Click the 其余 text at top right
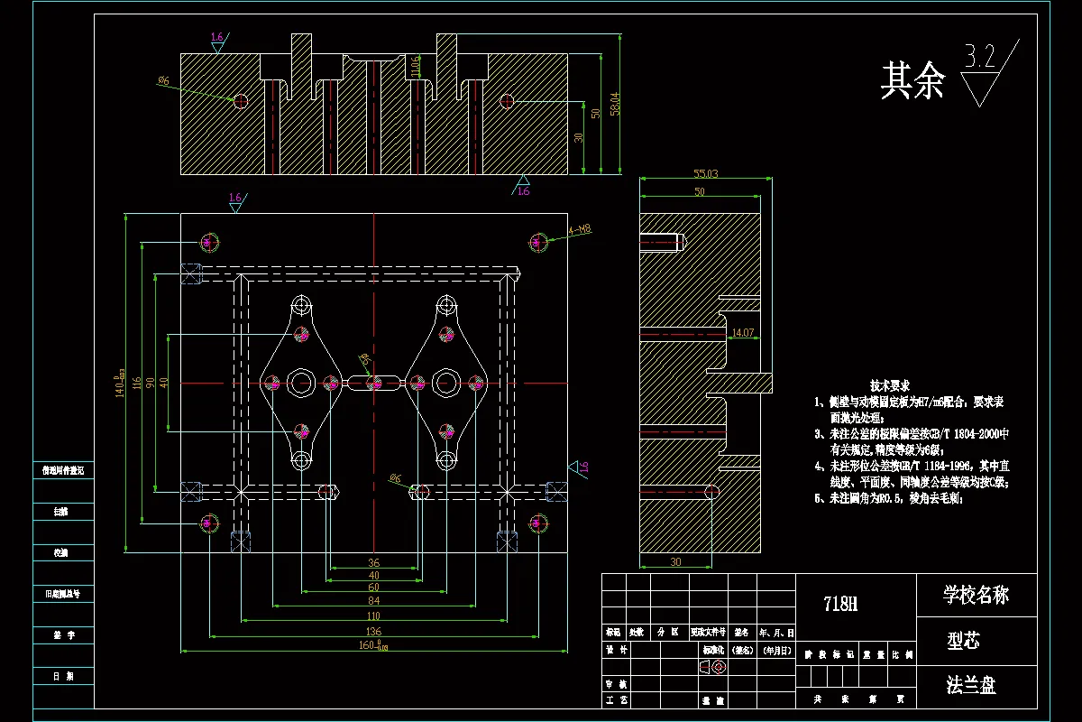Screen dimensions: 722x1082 pyautogui.click(x=912, y=81)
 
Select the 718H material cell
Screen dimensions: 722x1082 pyautogui.click(x=841, y=604)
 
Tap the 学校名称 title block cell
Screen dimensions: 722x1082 pyautogui.click(x=976, y=595)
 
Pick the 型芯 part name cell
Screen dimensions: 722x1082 pyautogui.click(x=963, y=641)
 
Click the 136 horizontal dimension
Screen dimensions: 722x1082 pyautogui.click(x=373, y=631)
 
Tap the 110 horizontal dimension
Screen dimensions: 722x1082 pyautogui.click(x=373, y=616)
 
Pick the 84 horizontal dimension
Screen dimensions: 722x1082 pyautogui.click(x=373, y=601)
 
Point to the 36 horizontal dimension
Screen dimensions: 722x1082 pyautogui.click(x=373, y=562)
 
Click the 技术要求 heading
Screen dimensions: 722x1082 pyautogui.click(x=889, y=385)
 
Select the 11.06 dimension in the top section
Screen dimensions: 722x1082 pyautogui.click(x=415, y=65)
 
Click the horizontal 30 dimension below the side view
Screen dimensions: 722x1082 pyautogui.click(x=675, y=561)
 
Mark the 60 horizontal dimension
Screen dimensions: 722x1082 pyautogui.click(x=373, y=588)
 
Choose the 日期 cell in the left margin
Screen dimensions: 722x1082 pyautogui.click(x=63, y=675)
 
